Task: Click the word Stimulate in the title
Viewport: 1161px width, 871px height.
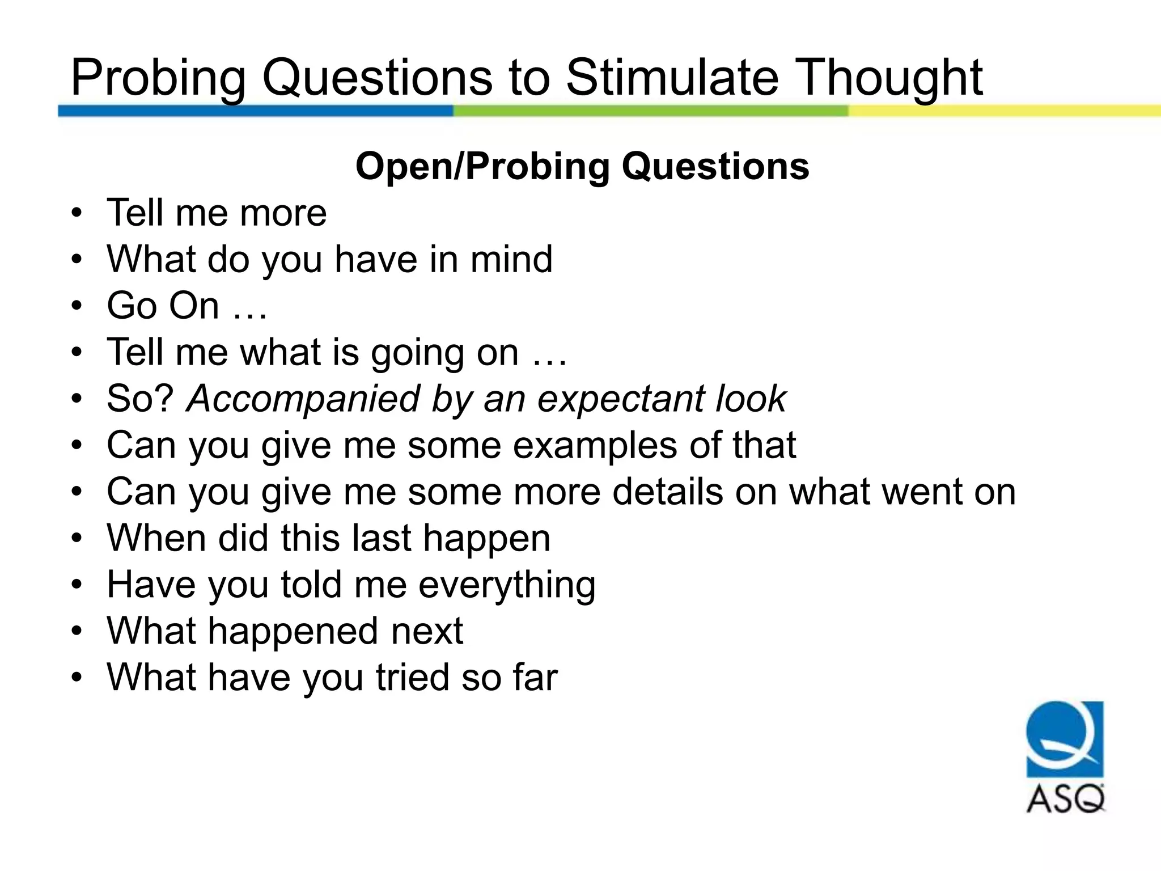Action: (673, 78)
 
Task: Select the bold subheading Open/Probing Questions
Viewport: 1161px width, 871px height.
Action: (582, 166)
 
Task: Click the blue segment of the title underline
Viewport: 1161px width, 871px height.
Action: (255, 111)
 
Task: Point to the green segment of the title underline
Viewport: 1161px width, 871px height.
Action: (650, 111)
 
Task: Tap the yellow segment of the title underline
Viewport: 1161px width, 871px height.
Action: (1003, 111)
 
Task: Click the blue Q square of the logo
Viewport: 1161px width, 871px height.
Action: (1065, 739)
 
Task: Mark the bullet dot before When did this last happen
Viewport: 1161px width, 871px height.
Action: (77, 539)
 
